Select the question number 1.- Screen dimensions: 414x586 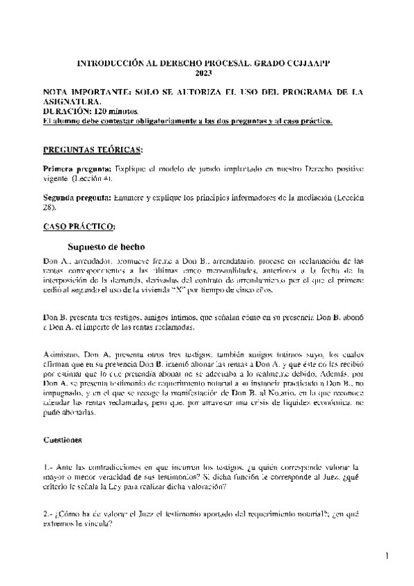pyautogui.click(x=47, y=468)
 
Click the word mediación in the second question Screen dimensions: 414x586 pyautogui.click(x=307, y=198)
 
